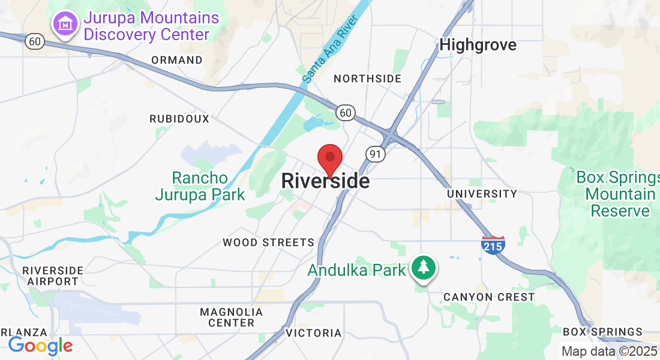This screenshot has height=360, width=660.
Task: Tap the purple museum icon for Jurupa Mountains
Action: pos(65,25)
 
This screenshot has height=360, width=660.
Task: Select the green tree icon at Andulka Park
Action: pos(424,267)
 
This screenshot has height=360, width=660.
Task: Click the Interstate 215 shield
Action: pos(493,244)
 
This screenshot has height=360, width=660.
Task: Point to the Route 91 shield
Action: pos(376,154)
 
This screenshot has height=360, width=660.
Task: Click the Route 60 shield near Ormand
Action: pos(34,41)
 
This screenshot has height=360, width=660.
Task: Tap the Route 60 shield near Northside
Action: pos(346,112)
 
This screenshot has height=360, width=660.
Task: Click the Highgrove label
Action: pos(478,45)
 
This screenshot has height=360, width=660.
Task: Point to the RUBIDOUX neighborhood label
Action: pos(179,119)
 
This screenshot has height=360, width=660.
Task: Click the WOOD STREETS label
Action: pos(268,242)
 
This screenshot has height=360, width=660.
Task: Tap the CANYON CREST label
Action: pos(489,297)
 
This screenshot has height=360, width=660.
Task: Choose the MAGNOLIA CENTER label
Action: pos(231,317)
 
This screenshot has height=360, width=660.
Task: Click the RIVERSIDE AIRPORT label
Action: pos(53,275)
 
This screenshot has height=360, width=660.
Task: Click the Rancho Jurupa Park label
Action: pos(200,186)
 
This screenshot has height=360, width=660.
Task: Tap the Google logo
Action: pos(40,346)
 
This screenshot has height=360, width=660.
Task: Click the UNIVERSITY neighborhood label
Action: pos(482,194)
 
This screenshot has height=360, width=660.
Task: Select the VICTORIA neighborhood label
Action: pos(314,333)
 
